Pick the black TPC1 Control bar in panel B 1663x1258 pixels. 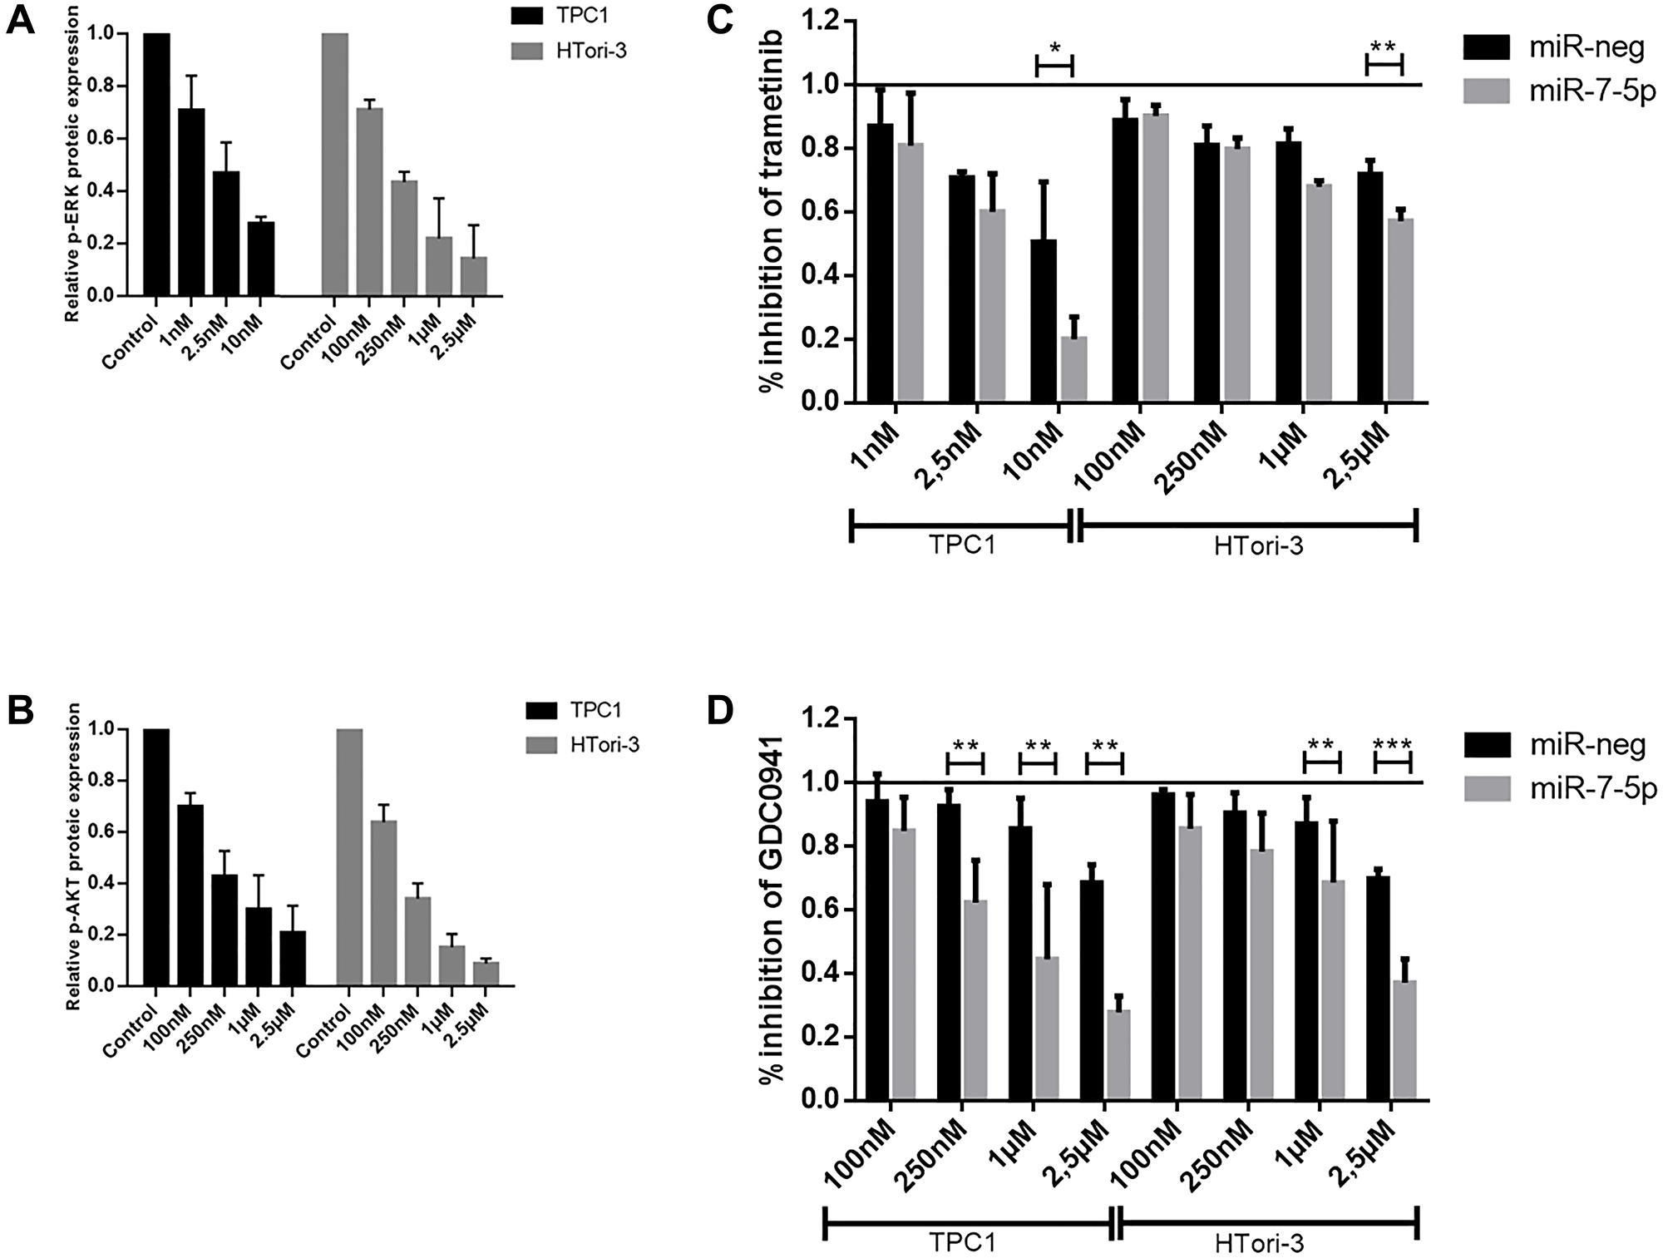(x=156, y=856)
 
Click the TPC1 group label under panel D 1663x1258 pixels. (x=965, y=1242)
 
